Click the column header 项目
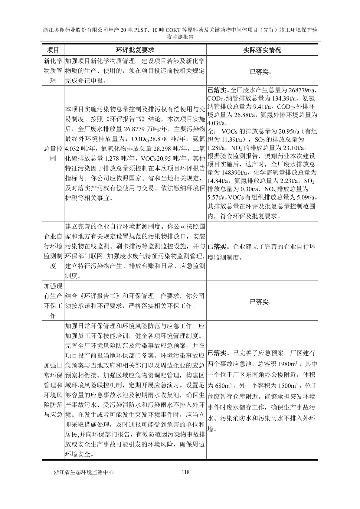tap(53, 50)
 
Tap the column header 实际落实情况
tap(262, 50)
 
